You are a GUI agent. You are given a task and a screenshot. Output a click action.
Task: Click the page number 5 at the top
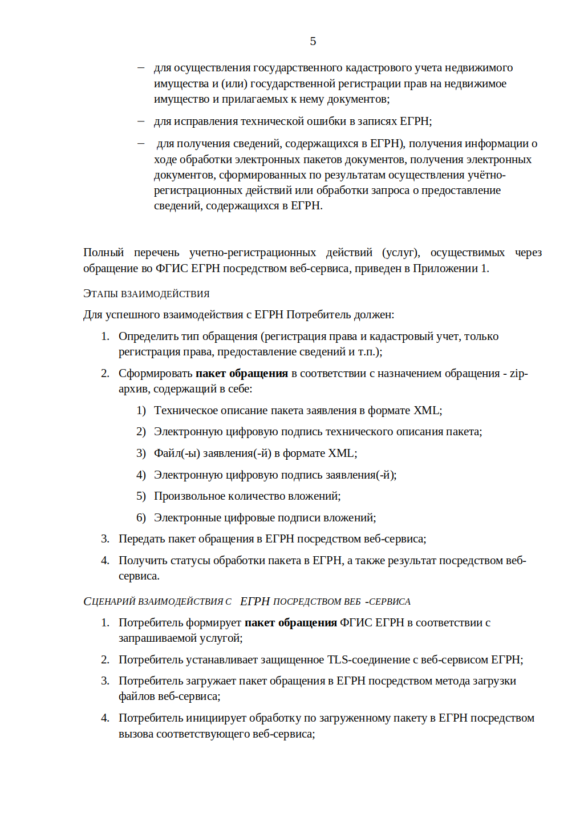[313, 41]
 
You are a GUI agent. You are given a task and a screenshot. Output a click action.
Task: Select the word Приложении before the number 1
[445, 268]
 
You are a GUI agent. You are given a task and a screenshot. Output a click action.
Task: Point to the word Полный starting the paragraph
[103, 252]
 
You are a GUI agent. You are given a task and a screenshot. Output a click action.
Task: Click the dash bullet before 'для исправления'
[141, 121]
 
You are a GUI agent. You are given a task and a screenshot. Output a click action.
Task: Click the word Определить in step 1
[148, 336]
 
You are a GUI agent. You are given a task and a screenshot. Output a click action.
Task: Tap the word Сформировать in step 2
[155, 373]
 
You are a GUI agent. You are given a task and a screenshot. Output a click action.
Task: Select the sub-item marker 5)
[141, 496]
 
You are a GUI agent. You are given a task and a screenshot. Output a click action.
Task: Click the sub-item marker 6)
[141, 517]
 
